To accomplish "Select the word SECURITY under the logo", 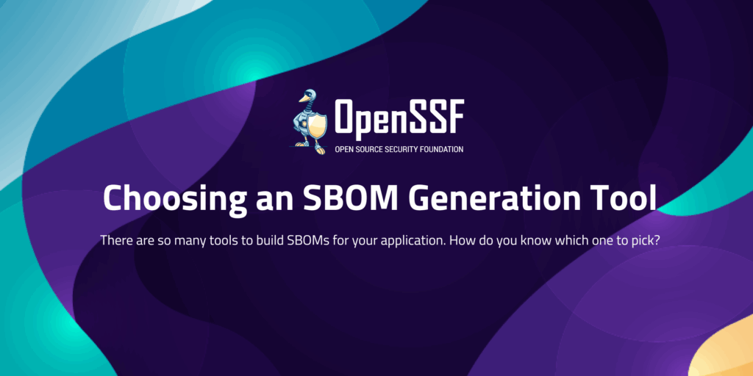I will (x=403, y=149).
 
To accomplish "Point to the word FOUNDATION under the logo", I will (x=441, y=149).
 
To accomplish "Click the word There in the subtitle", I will (x=115, y=240).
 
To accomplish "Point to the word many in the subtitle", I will (x=199, y=241).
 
